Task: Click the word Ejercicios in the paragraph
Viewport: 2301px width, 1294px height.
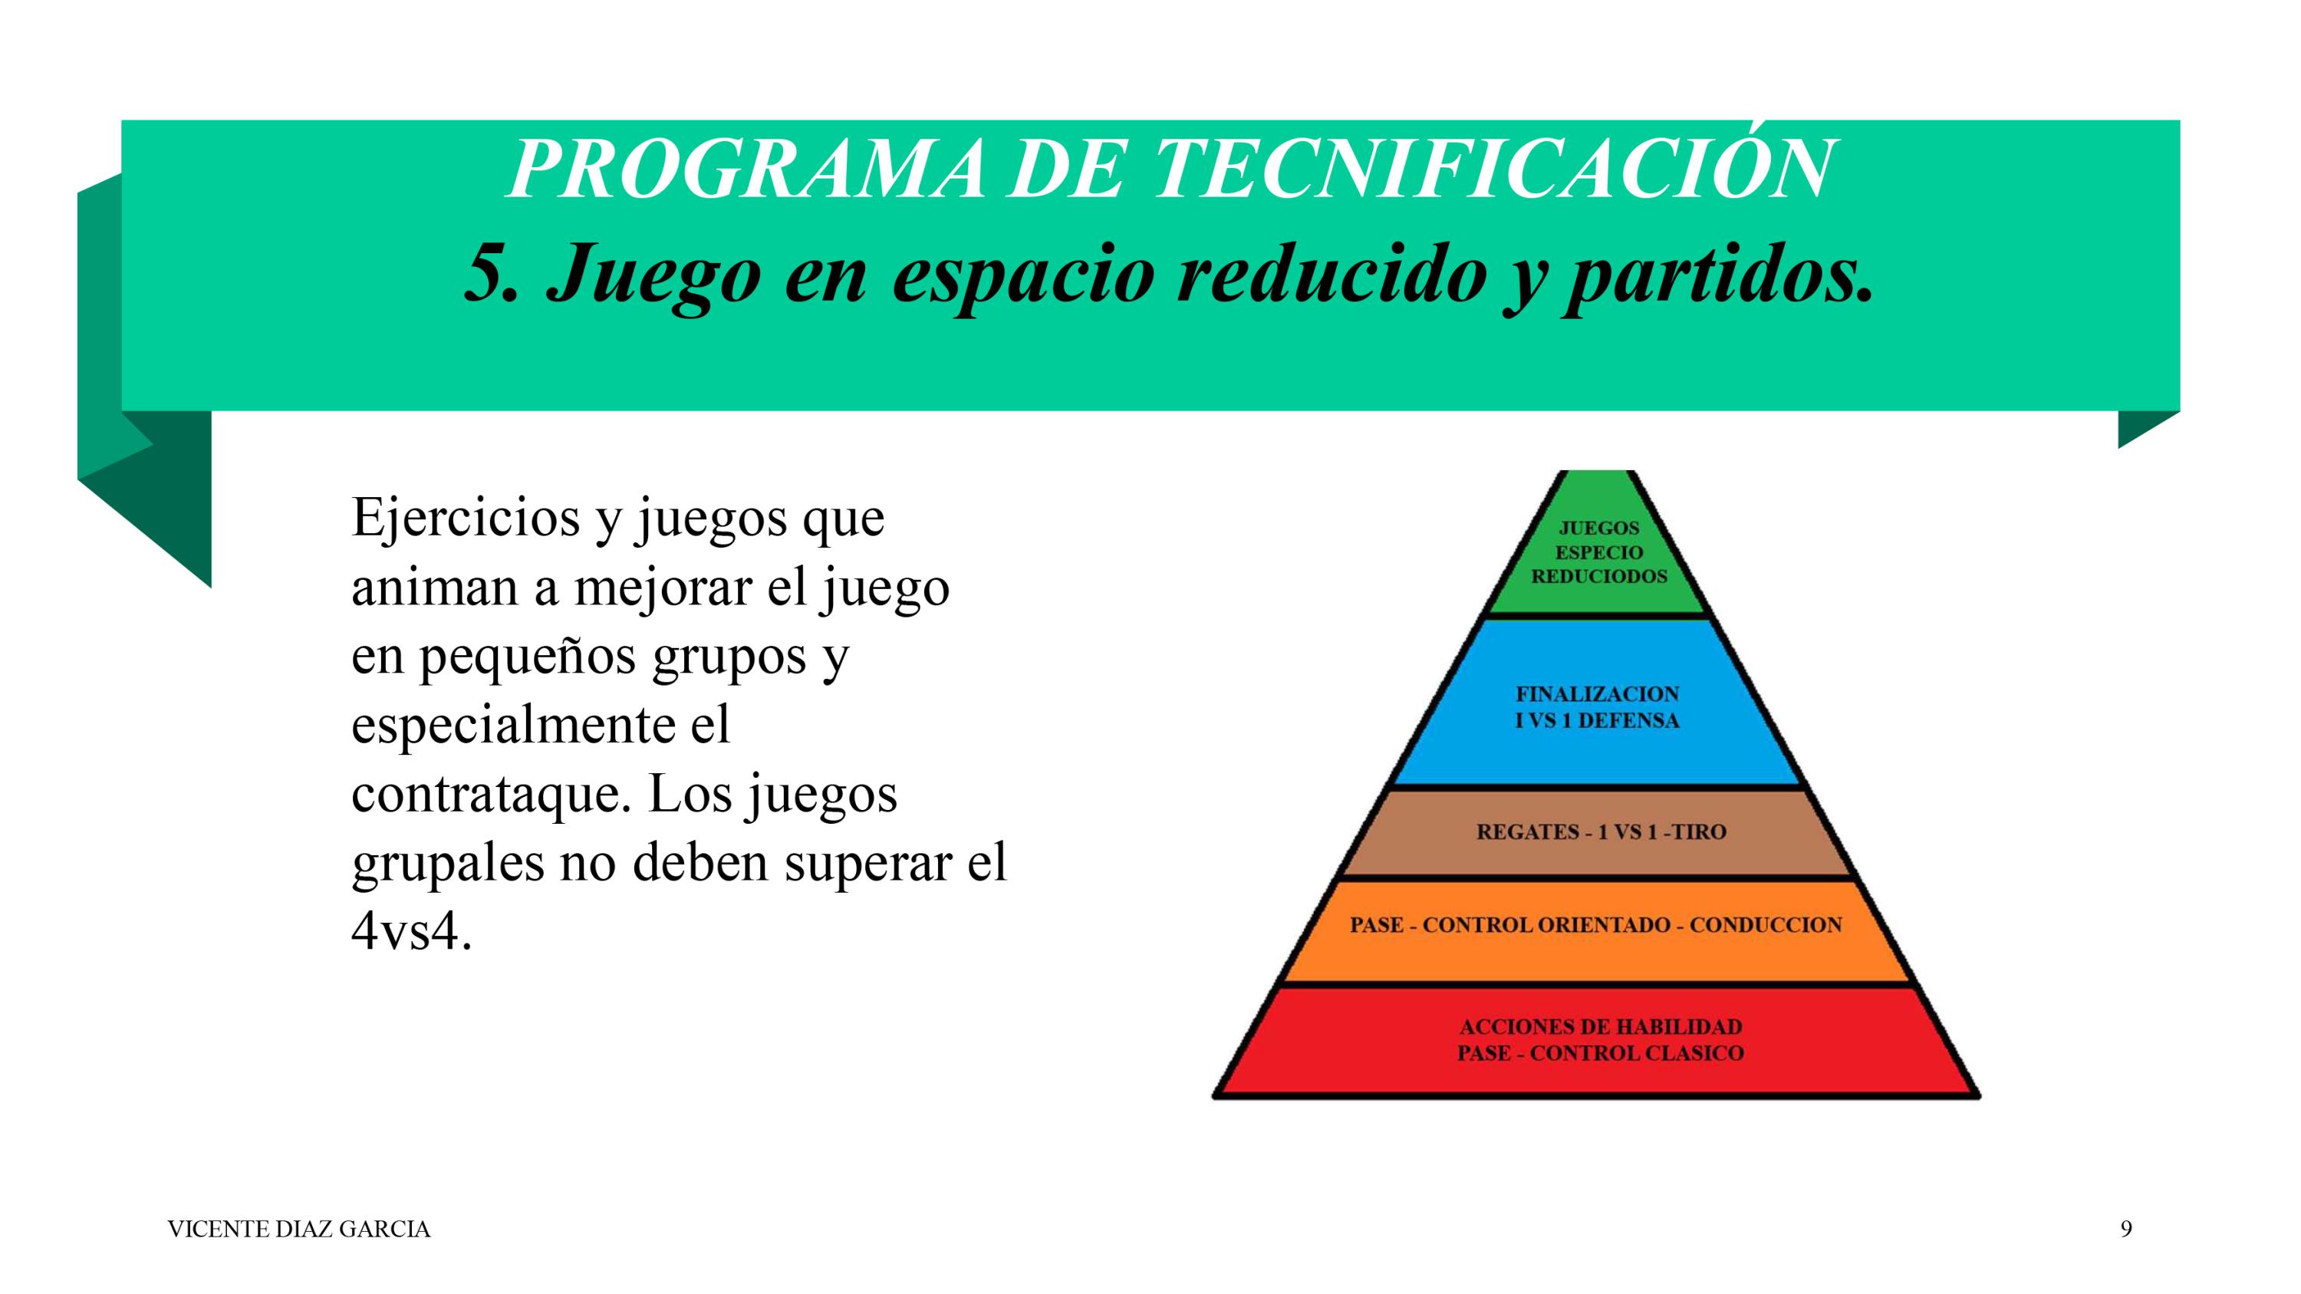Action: tap(466, 519)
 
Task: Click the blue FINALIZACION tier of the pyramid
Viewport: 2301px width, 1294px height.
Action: tap(1598, 706)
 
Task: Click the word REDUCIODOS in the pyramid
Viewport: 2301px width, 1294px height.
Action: tap(1600, 577)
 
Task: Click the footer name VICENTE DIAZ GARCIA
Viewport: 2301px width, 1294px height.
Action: tap(299, 1230)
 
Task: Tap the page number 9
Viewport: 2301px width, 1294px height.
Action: tap(2126, 1229)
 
